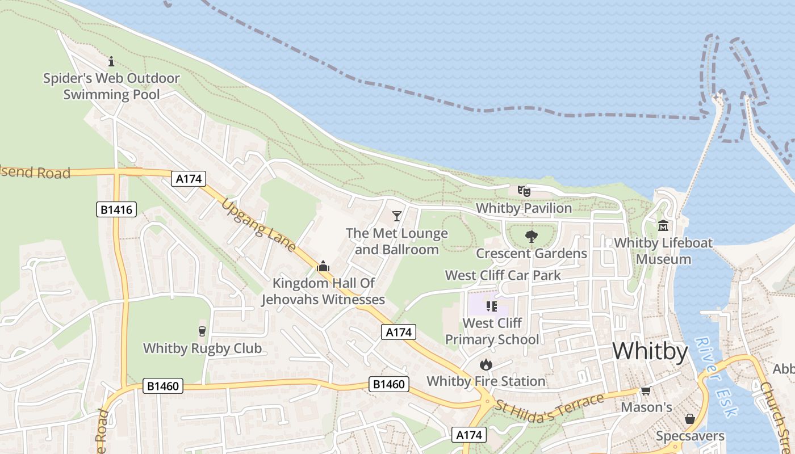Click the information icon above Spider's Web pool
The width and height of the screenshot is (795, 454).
click(x=111, y=61)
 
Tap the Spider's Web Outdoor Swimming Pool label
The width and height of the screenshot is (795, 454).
click(x=111, y=86)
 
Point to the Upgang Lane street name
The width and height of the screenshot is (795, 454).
click(x=259, y=225)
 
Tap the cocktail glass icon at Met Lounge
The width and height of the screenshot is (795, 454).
click(x=397, y=216)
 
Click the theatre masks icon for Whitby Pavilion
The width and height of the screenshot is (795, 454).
click(x=524, y=191)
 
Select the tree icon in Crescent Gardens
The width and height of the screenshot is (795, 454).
click(x=532, y=236)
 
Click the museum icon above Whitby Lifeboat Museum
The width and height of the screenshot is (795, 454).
click(x=663, y=226)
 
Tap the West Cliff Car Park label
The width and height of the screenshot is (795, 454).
click(x=503, y=276)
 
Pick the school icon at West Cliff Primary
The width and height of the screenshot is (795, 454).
click(x=492, y=306)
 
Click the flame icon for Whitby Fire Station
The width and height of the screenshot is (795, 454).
click(x=486, y=364)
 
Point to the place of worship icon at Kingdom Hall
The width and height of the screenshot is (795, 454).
click(x=323, y=266)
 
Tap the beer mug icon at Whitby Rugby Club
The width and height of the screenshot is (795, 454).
click(x=202, y=331)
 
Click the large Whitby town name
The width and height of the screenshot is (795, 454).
click(x=650, y=352)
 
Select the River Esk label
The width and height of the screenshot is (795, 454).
click(x=717, y=377)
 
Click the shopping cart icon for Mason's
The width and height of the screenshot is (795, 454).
click(x=646, y=391)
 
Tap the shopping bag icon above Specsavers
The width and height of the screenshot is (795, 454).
click(x=690, y=419)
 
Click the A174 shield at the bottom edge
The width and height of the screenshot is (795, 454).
click(x=470, y=435)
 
